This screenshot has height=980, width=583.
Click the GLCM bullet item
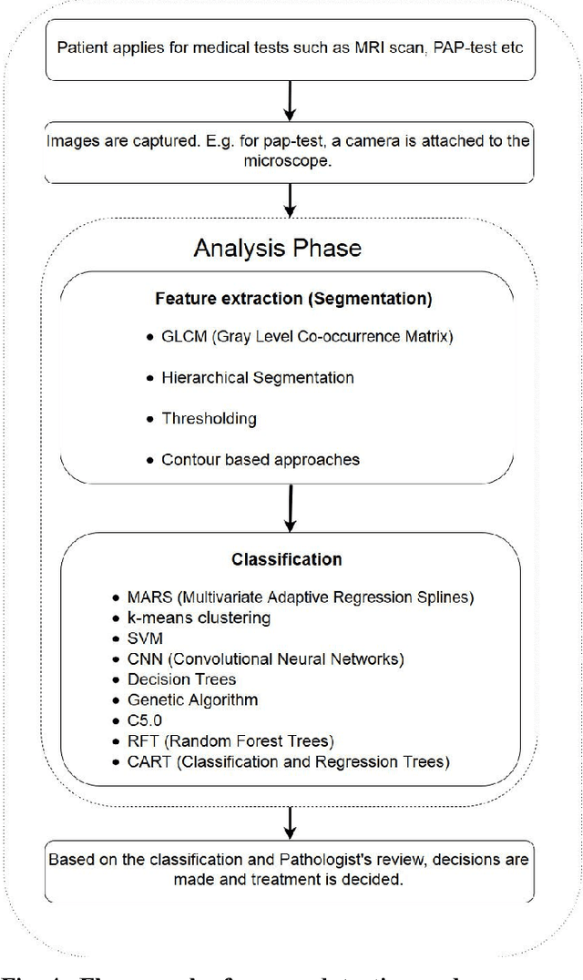[x=306, y=337]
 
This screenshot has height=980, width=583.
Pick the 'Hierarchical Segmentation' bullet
[x=257, y=377]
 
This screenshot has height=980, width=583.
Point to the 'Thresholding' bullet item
[x=209, y=418]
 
